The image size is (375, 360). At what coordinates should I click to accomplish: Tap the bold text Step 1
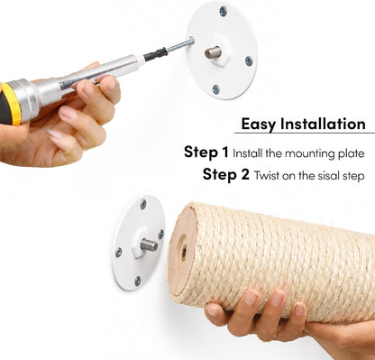point(206,152)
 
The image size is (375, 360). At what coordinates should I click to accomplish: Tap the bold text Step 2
point(226,174)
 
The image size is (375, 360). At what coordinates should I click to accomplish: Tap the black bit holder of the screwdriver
point(155,54)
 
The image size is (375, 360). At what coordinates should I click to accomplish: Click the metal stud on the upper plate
point(213,52)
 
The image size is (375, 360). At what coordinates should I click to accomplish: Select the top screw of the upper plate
point(223,12)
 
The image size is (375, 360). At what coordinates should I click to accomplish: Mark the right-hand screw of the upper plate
point(249,61)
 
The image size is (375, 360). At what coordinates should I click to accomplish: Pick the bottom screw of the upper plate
point(215,89)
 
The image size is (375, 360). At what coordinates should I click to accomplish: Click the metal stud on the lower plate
point(149,245)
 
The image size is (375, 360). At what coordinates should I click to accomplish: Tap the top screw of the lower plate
point(143,204)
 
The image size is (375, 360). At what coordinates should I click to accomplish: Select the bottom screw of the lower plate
point(138,282)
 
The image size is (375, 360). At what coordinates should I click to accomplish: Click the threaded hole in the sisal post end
point(183,253)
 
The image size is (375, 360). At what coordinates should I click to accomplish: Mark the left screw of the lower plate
point(119,252)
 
